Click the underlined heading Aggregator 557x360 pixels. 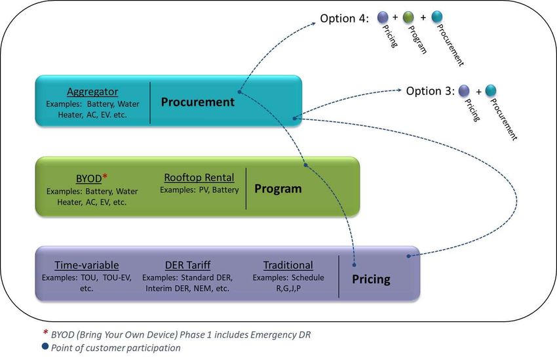(92, 92)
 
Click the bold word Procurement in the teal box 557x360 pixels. (197, 102)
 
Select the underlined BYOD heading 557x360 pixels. (89, 178)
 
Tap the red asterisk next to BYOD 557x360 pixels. (105, 176)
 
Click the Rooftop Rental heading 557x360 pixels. (199, 177)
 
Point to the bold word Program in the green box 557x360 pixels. (278, 189)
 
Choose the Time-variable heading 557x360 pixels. (86, 265)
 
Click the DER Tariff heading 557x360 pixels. (187, 265)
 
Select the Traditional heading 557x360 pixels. (288, 265)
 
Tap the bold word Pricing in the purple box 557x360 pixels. (371, 279)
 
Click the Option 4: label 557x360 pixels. (344, 18)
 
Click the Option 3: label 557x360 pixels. (430, 91)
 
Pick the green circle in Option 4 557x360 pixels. (408, 16)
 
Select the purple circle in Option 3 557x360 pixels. (464, 90)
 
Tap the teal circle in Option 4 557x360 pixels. (436, 16)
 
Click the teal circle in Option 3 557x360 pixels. (491, 90)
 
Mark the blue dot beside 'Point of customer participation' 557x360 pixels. (45, 346)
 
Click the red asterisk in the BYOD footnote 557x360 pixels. (45, 332)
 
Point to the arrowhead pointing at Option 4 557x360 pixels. (313, 24)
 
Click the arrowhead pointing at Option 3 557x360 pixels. (399, 90)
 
